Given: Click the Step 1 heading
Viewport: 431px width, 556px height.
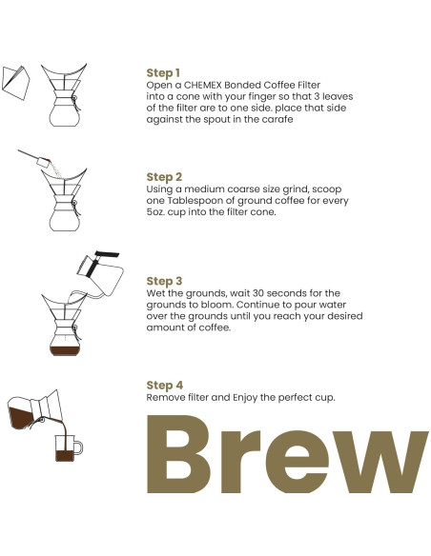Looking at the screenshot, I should tap(163, 72).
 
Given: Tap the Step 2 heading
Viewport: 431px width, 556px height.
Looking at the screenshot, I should tap(164, 177).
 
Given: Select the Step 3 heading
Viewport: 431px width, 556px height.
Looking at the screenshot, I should tap(164, 281).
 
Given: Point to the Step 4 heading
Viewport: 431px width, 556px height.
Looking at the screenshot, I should tap(164, 385).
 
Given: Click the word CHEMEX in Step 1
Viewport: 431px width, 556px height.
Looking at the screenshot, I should tap(204, 85).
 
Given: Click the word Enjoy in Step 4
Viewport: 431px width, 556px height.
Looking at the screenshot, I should tap(253, 397).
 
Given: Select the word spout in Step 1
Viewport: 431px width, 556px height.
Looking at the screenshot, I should tap(235, 119).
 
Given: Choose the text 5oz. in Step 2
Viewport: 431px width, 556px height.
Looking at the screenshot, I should tap(158, 212).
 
